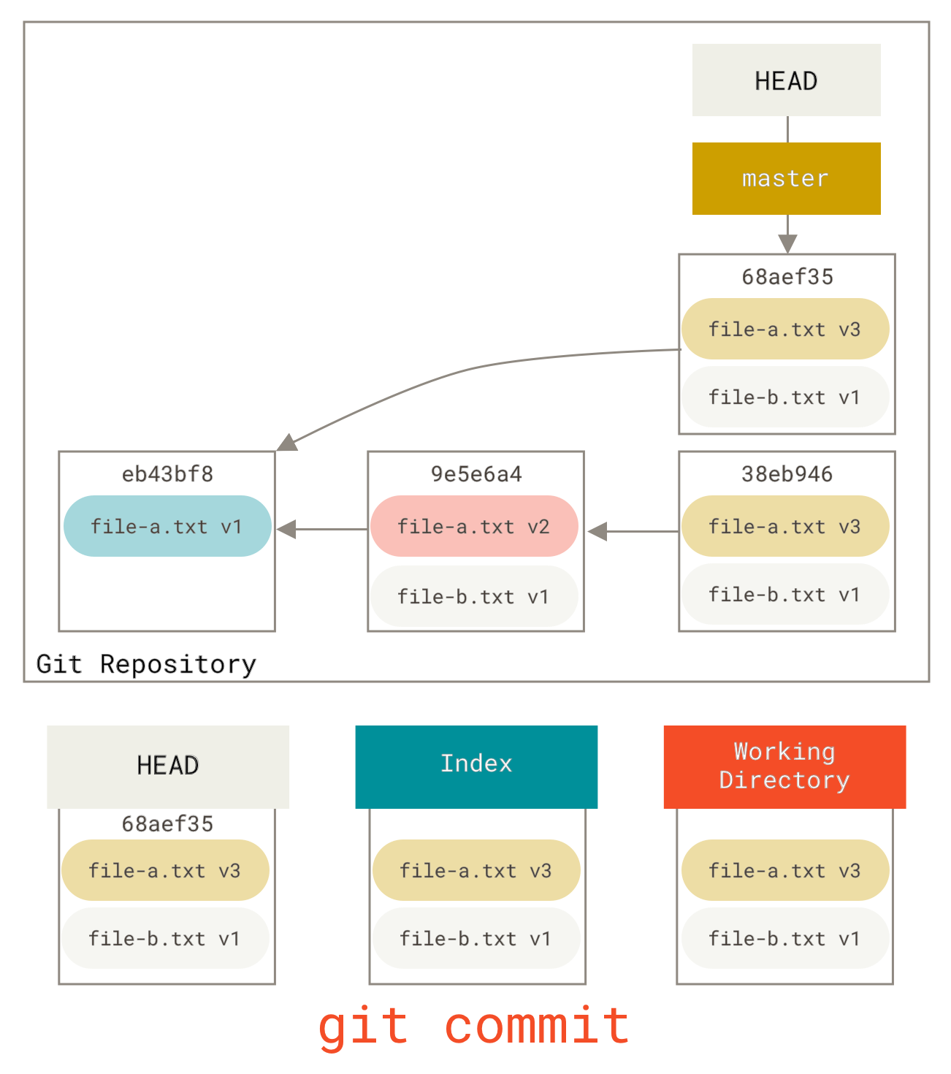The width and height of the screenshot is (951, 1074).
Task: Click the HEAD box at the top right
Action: (786, 80)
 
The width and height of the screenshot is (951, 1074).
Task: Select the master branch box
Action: (786, 178)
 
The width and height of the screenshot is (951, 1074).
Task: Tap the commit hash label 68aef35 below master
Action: (787, 277)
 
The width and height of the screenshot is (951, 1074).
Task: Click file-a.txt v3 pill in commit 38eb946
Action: (785, 526)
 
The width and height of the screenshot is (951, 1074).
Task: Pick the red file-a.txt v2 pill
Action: (474, 526)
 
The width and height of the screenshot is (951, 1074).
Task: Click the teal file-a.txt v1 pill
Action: (167, 526)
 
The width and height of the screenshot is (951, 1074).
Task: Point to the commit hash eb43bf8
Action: (167, 474)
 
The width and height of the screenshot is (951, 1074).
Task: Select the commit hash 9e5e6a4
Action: (476, 474)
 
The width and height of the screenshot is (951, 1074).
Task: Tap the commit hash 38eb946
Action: (787, 474)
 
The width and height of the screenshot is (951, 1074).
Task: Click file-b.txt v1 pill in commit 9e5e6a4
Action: (474, 596)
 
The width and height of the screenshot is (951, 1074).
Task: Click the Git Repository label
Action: (147, 664)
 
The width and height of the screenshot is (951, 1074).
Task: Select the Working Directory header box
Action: (784, 766)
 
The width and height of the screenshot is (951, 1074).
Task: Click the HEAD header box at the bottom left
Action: (168, 766)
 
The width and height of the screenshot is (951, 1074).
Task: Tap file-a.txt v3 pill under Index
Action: (476, 870)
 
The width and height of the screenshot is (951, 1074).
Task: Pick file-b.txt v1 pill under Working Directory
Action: (785, 938)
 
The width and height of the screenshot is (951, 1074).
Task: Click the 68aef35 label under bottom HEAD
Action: (167, 824)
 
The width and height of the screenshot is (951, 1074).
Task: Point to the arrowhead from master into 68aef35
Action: (787, 244)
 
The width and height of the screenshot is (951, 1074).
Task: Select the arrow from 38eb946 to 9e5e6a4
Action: (632, 531)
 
